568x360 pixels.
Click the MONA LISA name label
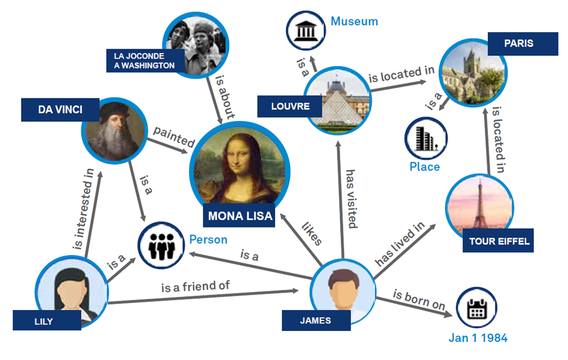(x=240, y=216)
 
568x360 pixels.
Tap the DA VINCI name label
(x=60, y=109)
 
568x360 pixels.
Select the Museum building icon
(x=306, y=30)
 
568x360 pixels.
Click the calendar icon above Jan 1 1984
(x=476, y=308)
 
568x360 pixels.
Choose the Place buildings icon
(x=424, y=140)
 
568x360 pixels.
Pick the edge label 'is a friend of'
(x=195, y=286)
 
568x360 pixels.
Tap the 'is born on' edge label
(x=419, y=299)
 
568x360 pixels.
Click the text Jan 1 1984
(x=478, y=338)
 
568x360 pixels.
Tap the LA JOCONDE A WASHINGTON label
(x=146, y=61)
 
